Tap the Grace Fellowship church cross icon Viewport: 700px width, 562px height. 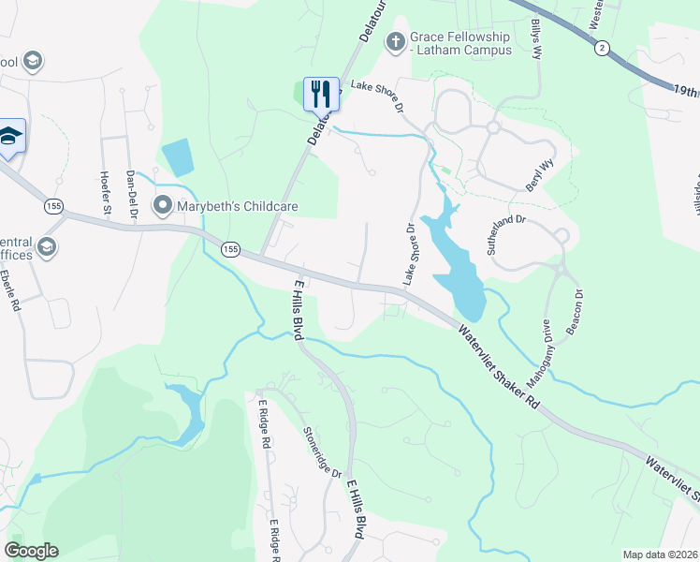[395, 41]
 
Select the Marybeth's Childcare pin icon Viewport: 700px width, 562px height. [163, 203]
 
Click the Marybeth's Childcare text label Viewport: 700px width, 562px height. [223, 204]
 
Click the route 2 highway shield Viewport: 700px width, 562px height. [602, 48]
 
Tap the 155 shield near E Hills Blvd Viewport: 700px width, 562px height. [231, 248]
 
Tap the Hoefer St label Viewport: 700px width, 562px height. [106, 193]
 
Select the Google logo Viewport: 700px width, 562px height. [31, 550]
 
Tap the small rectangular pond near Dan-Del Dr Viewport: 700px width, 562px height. [177, 157]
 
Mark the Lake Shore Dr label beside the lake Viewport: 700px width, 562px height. [409, 254]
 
